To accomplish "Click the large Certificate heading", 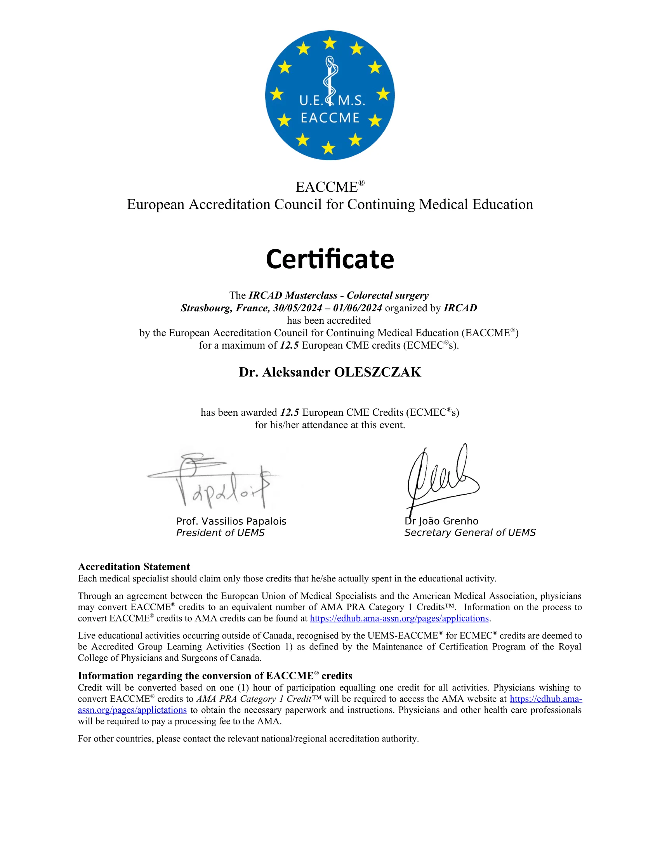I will (x=330, y=259).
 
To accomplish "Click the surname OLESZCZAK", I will (x=377, y=372).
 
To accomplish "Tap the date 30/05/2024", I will (x=297, y=308).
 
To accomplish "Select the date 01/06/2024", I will (x=357, y=308).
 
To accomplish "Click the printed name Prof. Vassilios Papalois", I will (x=231, y=521).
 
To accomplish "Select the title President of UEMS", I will (x=220, y=533).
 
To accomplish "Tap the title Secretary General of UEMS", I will (x=470, y=533).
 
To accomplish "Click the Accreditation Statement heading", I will (x=134, y=567).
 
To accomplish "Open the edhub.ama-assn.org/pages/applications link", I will (x=399, y=618).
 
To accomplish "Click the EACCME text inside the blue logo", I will (x=330, y=118).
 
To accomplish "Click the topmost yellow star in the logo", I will (x=330, y=43).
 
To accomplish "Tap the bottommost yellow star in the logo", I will (x=328, y=148).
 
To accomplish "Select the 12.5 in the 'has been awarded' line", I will (x=290, y=412).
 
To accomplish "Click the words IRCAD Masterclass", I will (x=293, y=295).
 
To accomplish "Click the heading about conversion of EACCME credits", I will (x=215, y=676).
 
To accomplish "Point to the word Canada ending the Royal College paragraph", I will (x=248, y=658).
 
